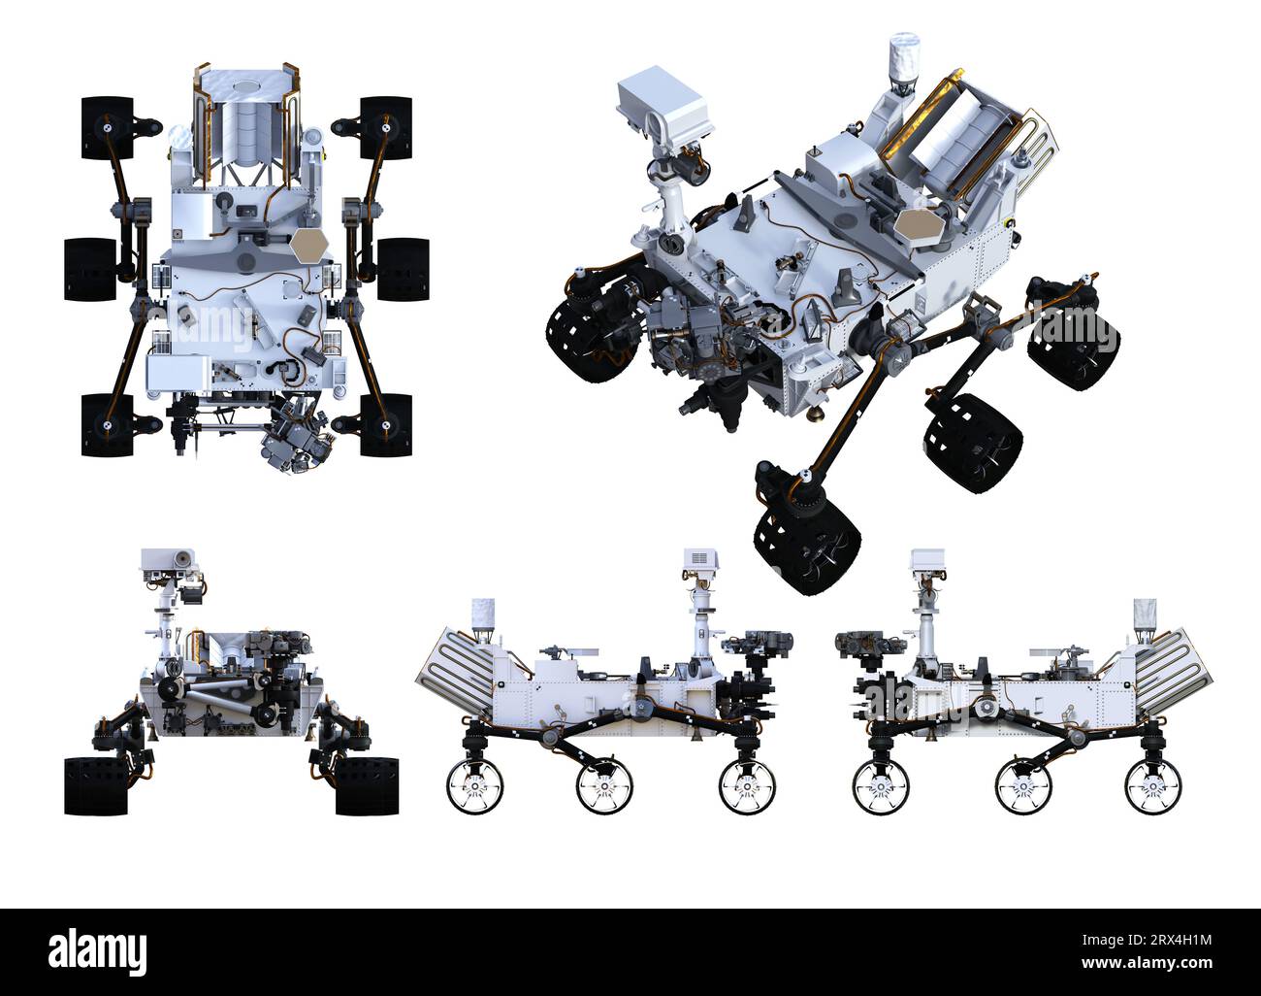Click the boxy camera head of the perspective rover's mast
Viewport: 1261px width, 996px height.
(x=665, y=105)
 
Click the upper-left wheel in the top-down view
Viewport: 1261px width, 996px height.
(x=107, y=127)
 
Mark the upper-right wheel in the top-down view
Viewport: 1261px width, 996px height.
(x=385, y=127)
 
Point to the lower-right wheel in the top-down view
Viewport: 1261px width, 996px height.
(x=385, y=424)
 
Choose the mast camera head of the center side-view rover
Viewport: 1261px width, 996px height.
(x=698, y=562)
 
